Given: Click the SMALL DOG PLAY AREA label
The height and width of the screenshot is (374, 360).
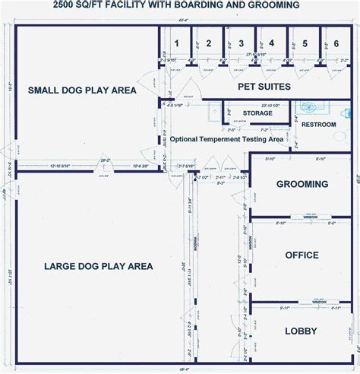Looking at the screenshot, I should (82, 90).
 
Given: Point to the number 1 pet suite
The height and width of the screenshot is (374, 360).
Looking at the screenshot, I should (175, 43).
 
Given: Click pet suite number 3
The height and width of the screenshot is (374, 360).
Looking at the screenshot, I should (240, 43).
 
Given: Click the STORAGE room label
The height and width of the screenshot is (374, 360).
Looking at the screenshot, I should (257, 113).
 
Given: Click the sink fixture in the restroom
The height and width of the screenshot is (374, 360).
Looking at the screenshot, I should (312, 107).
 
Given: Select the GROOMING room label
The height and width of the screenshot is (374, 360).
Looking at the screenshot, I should (302, 184).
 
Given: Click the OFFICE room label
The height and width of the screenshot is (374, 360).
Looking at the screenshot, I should (302, 255).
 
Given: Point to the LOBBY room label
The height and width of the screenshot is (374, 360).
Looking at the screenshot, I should (302, 331).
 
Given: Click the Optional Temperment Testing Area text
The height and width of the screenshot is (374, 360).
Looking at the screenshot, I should (226, 139).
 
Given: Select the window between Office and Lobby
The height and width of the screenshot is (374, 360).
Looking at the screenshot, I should (311, 303).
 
